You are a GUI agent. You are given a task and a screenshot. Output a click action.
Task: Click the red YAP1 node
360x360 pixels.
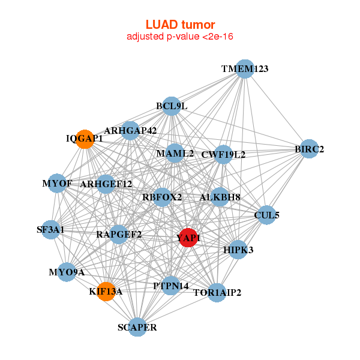click(188, 238)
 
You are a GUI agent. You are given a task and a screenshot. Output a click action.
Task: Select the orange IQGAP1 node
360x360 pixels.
click(85, 139)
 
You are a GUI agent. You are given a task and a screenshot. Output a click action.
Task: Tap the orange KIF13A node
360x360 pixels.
click(106, 292)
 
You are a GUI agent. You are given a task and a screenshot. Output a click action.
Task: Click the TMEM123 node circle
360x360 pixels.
click(244, 69)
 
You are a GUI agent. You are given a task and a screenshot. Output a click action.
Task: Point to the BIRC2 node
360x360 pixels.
click(309, 149)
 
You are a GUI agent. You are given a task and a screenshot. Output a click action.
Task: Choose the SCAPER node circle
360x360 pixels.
click(137, 327)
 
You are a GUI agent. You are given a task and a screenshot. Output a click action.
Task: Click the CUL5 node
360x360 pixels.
click(266, 214)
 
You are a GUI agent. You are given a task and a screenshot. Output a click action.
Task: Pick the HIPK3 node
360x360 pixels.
click(238, 250)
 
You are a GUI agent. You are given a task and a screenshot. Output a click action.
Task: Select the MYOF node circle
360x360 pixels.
click(57, 183)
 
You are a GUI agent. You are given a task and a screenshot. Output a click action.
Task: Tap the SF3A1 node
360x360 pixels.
click(50, 230)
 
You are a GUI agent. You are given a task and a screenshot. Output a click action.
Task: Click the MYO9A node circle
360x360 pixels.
click(67, 272)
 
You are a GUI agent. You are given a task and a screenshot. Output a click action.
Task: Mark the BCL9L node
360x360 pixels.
click(172, 106)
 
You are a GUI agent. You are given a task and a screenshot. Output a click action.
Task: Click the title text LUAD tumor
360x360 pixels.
click(180, 25)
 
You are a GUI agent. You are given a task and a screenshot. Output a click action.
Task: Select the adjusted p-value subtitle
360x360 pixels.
click(180, 37)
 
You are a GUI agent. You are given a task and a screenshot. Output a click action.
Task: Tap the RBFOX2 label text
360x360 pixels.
click(162, 197)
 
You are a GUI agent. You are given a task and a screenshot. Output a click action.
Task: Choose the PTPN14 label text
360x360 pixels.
click(171, 286)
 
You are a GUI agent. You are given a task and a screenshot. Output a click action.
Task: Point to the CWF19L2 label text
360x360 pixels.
click(223, 154)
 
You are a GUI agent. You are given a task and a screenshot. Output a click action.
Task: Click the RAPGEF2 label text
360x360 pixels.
click(119, 234)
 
